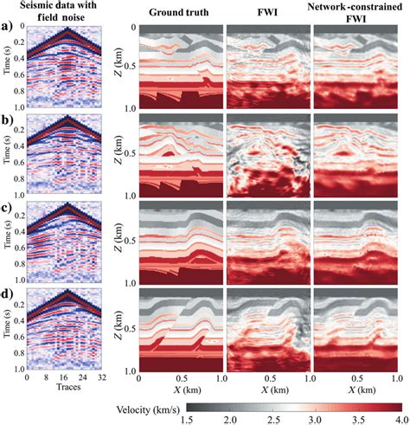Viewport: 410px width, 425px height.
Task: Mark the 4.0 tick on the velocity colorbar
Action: (x=401, y=418)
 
